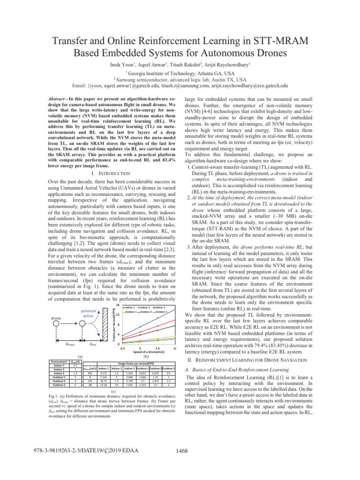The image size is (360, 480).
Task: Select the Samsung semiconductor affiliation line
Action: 180,79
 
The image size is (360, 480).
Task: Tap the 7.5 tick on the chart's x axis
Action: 157,348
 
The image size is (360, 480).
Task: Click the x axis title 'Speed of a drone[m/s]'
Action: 148,352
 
